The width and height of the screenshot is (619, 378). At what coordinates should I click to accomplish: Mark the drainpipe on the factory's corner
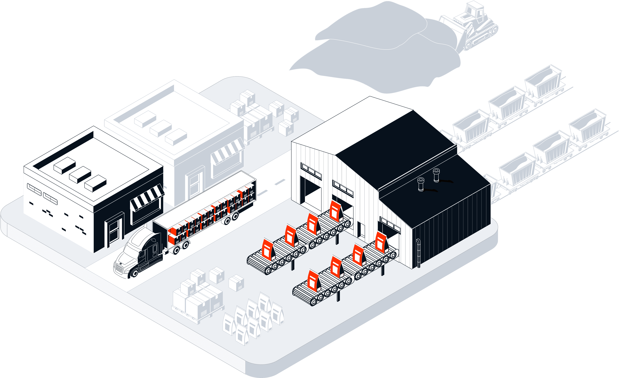(x=418, y=252)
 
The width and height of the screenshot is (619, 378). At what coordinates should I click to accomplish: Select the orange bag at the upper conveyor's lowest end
(x=267, y=249)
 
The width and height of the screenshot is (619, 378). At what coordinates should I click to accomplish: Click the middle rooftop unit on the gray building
(x=161, y=128)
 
